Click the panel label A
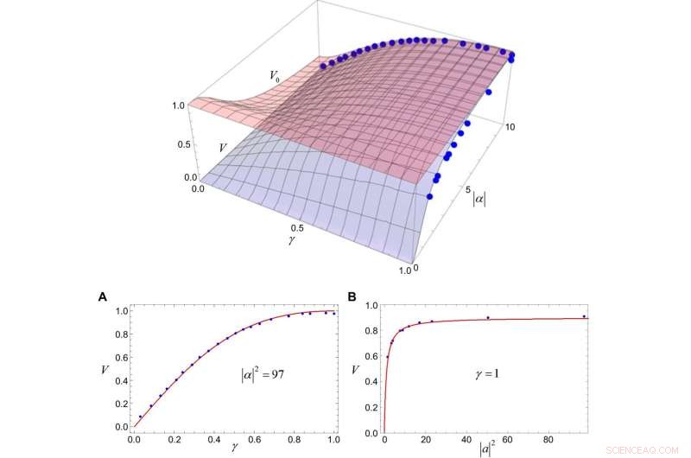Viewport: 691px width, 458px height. tap(103, 296)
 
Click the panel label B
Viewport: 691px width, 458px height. tap(352, 296)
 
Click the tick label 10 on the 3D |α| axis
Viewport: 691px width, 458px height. tap(510, 127)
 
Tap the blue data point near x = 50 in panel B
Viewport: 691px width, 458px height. tap(488, 317)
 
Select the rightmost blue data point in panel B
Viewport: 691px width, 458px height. tap(585, 316)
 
